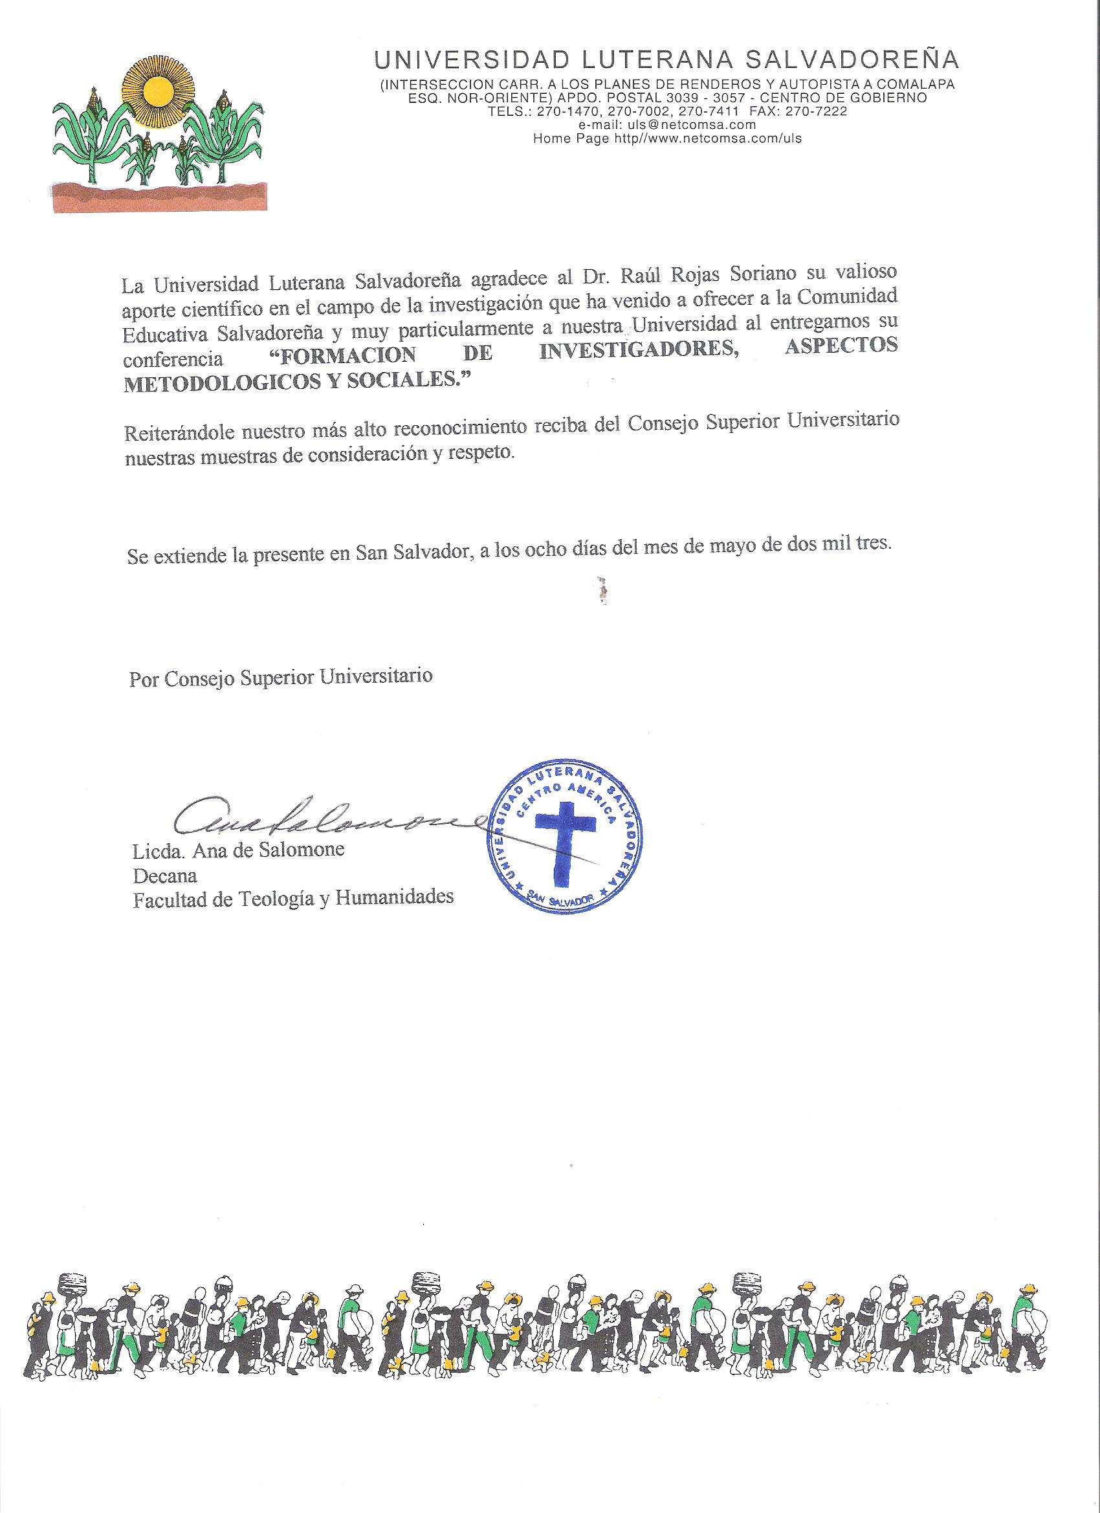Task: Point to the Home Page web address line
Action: (x=666, y=138)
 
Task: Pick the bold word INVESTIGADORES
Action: (x=640, y=351)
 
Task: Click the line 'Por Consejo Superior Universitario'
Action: (x=281, y=676)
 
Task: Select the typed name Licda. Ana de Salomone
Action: (x=238, y=851)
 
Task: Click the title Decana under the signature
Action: (x=165, y=874)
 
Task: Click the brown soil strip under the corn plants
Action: (x=160, y=199)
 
